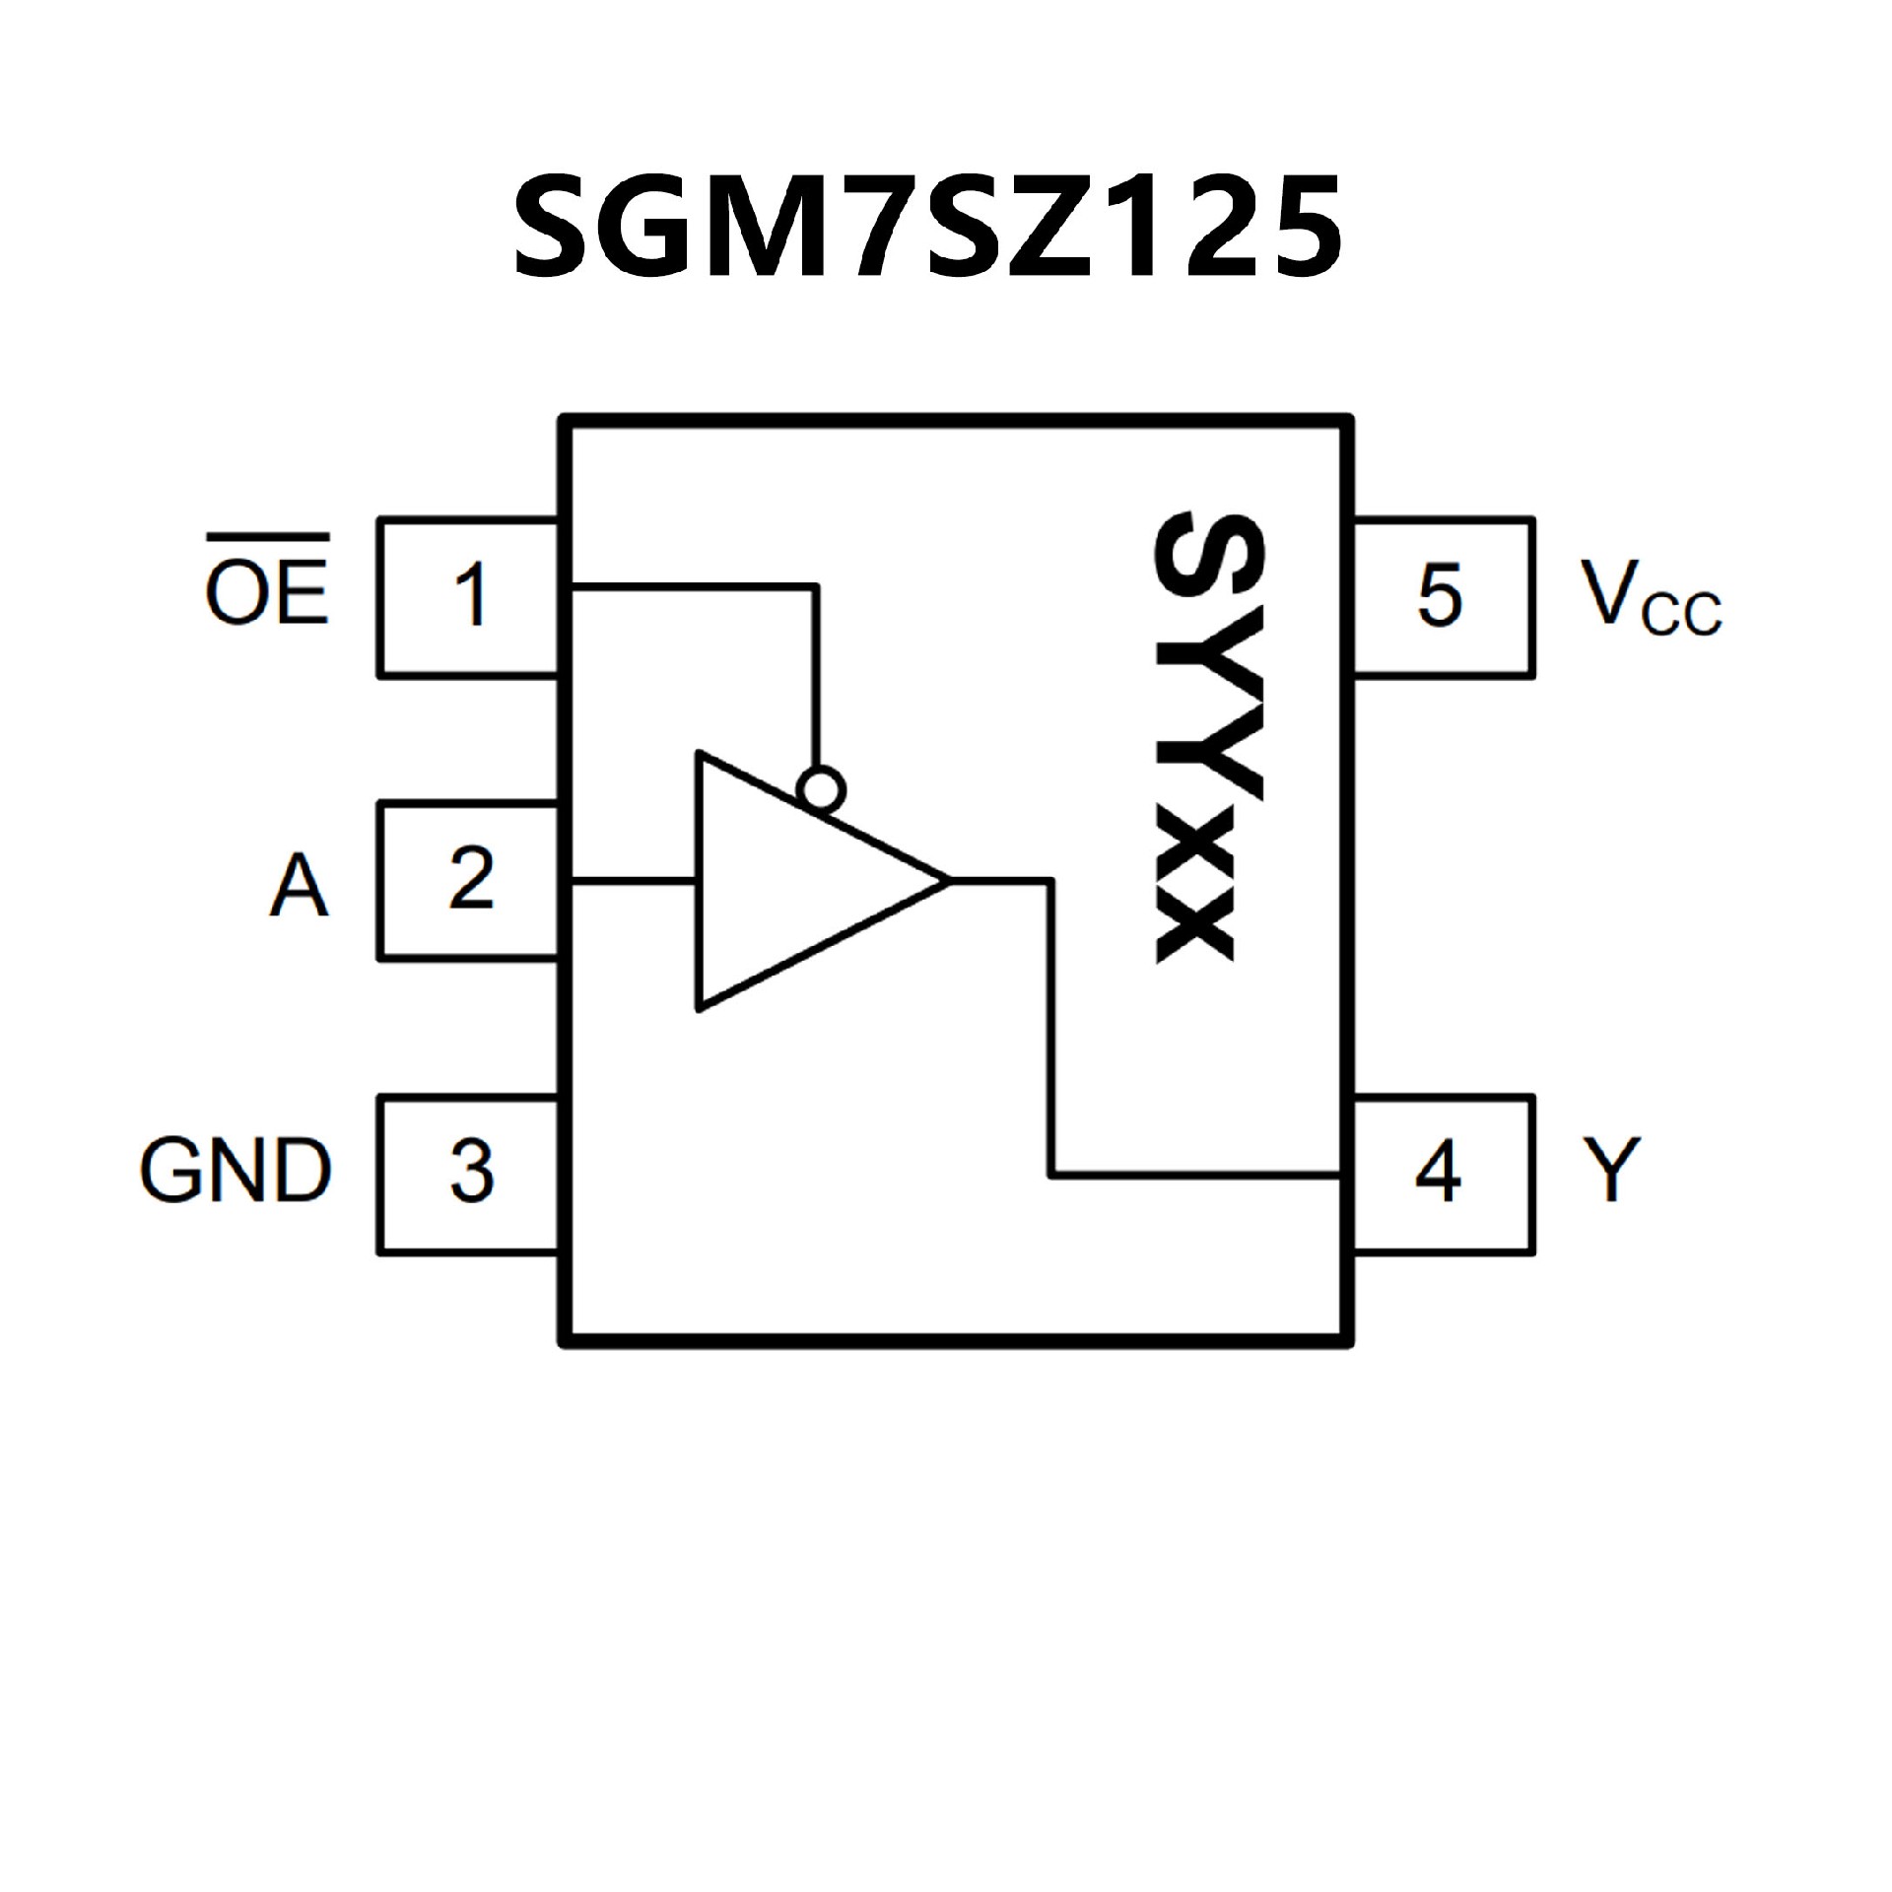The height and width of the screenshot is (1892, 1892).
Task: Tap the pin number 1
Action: coord(471,595)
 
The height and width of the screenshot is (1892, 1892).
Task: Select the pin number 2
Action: coord(471,879)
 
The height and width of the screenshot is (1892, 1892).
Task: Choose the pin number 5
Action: coord(1438,595)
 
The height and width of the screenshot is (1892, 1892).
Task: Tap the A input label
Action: coord(298,886)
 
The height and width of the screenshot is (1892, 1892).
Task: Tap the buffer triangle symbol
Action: coord(788,881)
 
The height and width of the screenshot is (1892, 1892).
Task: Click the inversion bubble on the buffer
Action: coord(823,790)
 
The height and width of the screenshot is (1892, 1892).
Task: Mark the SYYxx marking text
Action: coord(1194,735)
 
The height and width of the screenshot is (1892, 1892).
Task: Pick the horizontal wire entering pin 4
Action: coord(1197,1175)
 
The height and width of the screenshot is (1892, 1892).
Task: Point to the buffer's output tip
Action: coord(946,880)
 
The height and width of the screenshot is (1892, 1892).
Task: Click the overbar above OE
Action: coord(267,538)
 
